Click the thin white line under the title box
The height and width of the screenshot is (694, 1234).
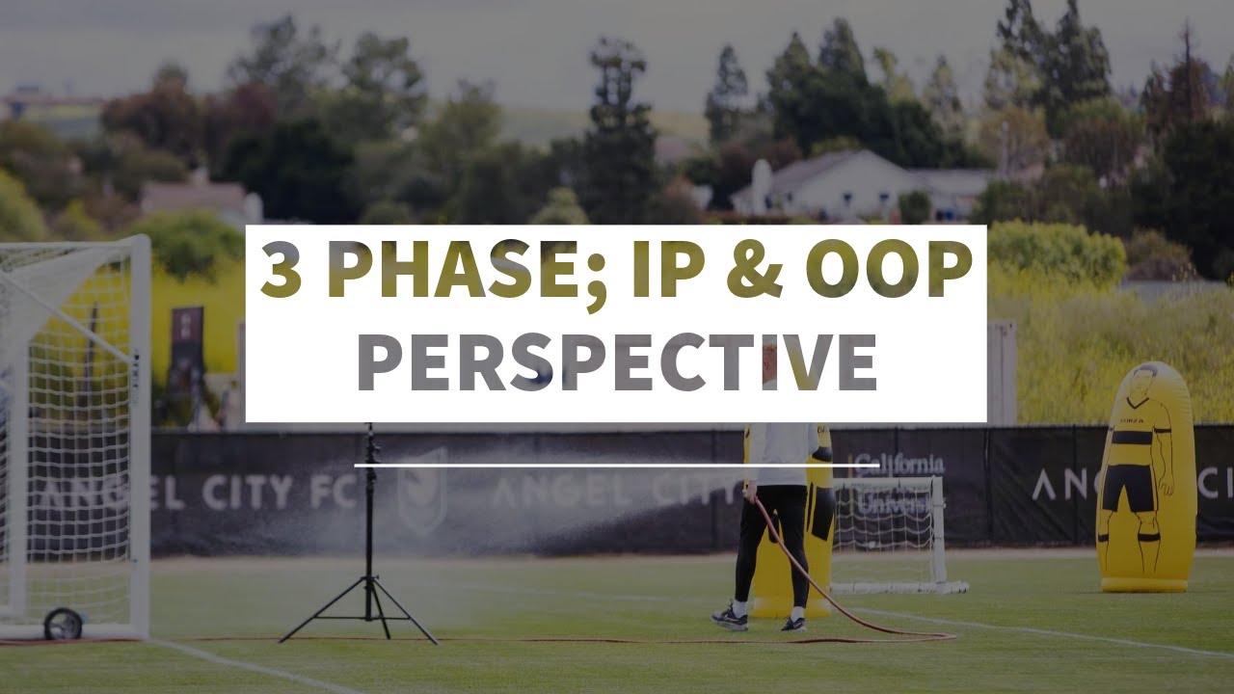click(x=617, y=466)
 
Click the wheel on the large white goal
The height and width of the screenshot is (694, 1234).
click(x=64, y=624)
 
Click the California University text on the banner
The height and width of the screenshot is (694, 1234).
click(x=897, y=482)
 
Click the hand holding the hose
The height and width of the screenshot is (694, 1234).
click(x=751, y=493)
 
